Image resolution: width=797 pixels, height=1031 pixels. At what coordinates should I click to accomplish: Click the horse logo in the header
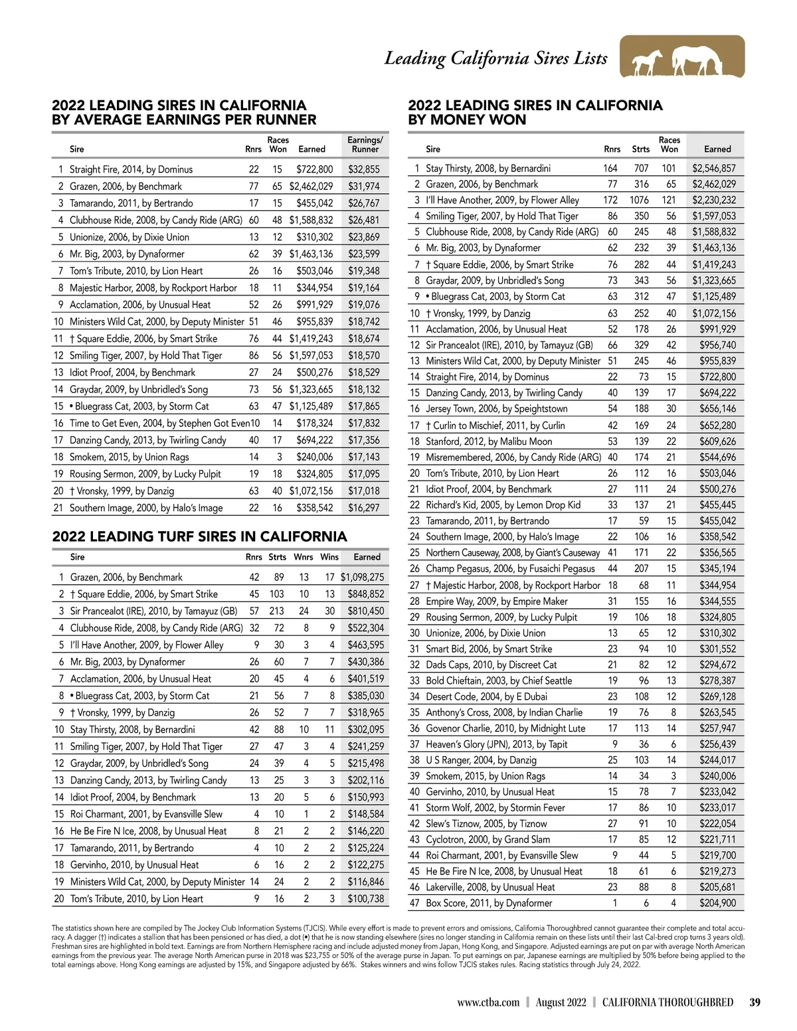682,58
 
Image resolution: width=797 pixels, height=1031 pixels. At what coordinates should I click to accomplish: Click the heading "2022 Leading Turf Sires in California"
199,536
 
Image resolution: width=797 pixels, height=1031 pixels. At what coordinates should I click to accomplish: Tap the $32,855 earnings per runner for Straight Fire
364,169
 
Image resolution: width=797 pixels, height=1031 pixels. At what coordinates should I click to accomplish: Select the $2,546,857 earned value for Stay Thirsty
714,169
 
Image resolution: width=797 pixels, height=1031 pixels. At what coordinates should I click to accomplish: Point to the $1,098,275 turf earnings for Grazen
362,578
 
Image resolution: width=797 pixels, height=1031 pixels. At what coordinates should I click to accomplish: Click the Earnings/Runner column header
365,145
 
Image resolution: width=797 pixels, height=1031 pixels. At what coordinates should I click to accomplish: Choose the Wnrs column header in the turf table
304,557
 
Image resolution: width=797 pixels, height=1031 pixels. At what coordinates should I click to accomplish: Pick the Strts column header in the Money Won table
640,149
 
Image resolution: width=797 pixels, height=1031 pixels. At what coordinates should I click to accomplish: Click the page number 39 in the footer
754,1002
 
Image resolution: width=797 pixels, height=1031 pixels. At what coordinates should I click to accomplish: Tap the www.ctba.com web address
487,1002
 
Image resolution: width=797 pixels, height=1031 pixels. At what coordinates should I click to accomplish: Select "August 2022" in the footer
561,1002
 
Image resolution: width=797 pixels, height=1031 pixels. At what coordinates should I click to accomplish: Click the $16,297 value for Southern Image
364,508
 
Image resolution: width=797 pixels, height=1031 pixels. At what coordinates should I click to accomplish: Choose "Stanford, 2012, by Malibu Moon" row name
489,441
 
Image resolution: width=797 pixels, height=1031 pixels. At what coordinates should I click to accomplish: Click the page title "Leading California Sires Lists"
495,58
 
